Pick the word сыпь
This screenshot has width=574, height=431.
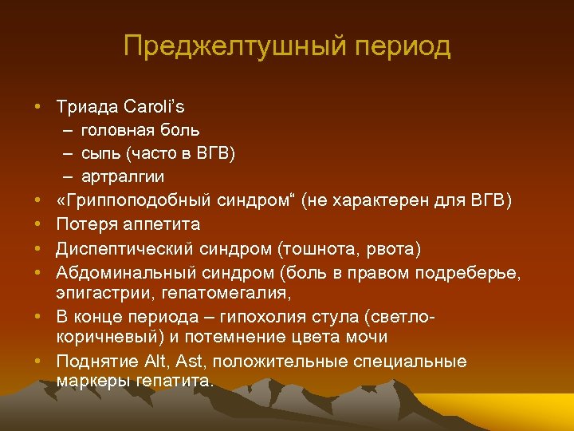point(100,152)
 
